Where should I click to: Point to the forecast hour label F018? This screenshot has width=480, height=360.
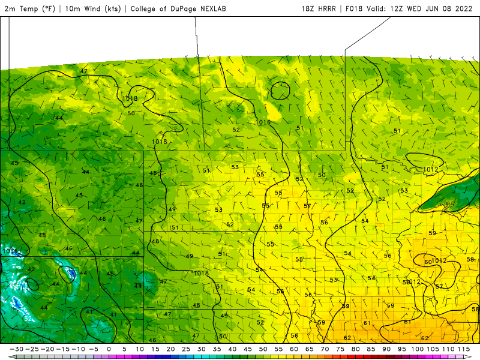[x=355, y=8]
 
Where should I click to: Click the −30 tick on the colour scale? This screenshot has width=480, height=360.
[x=17, y=349]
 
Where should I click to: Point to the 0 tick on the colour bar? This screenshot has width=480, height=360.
[x=109, y=349]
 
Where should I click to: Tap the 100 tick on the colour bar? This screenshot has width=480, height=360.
[x=417, y=349]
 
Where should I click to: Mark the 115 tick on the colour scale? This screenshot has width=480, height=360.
[x=463, y=349]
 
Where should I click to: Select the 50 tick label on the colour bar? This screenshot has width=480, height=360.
[x=263, y=349]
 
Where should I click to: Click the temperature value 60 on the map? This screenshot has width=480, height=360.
[x=428, y=262]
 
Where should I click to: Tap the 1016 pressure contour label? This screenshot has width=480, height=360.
[x=263, y=122]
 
